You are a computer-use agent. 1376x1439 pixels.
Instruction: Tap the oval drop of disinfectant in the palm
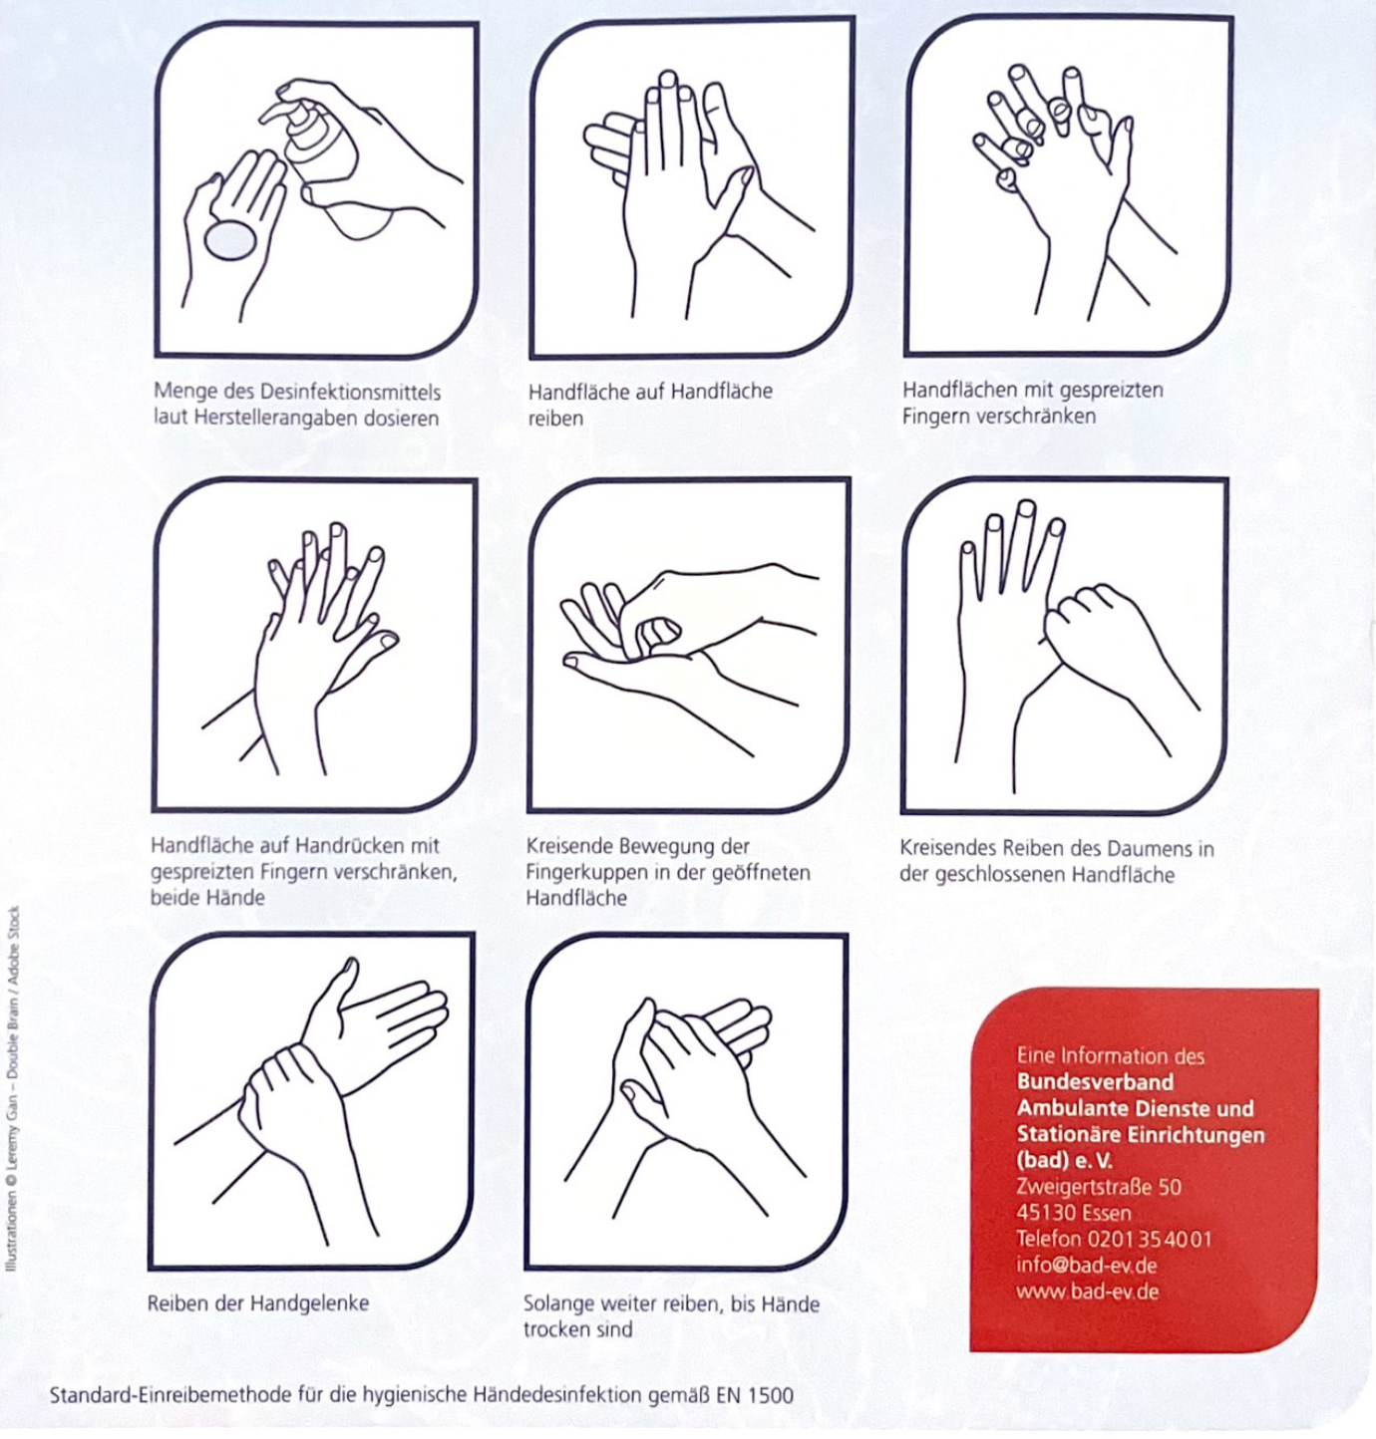tap(230, 239)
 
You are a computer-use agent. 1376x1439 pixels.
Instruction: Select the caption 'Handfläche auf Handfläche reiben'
tap(649, 404)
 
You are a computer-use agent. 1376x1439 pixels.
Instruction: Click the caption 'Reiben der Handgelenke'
tap(257, 1303)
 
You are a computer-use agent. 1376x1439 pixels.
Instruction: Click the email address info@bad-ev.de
tap(1086, 1266)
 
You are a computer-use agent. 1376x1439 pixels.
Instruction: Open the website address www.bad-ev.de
tap(1087, 1292)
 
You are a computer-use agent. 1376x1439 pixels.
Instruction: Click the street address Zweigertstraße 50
tap(1098, 1187)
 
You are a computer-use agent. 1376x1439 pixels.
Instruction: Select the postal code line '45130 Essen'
tap(1073, 1213)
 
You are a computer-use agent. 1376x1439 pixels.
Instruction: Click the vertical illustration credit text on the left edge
tap(12, 1086)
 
